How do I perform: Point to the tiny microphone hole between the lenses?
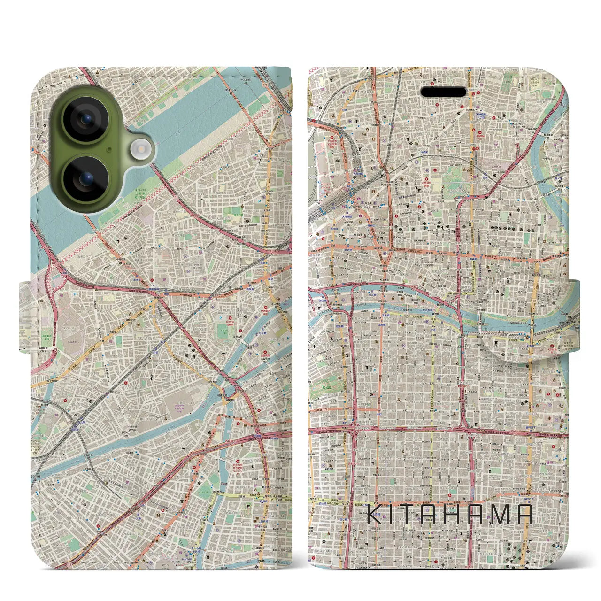pyautogui.click(x=109, y=150)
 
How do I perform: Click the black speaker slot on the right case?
pyautogui.click(x=444, y=92)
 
